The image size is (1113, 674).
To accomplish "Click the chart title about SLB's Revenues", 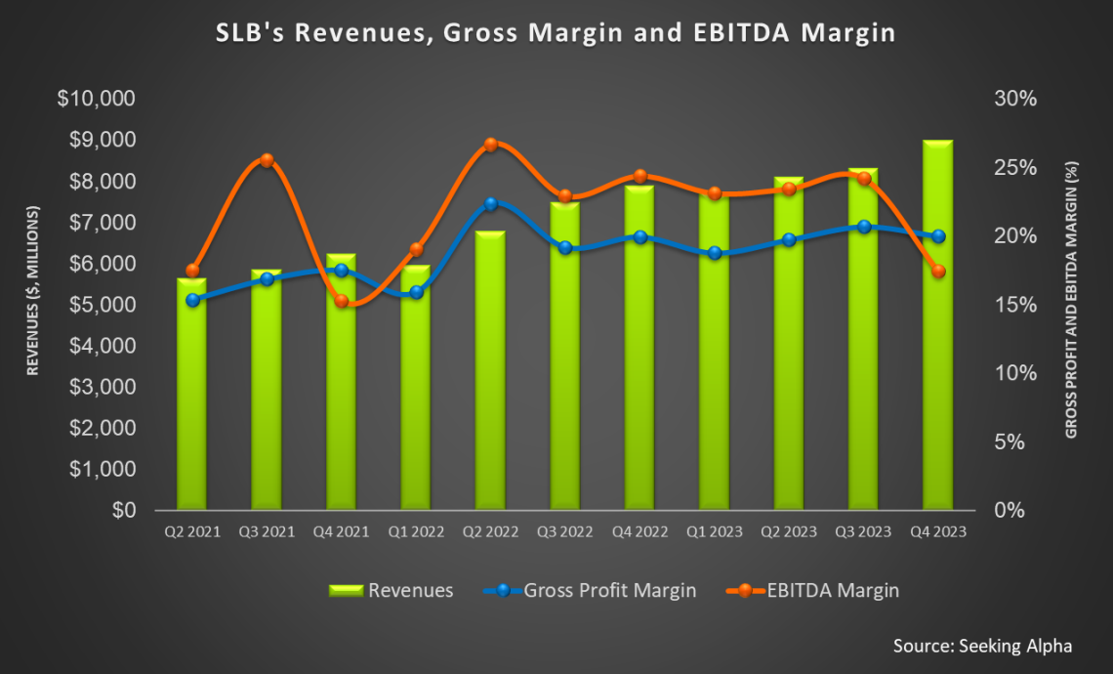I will [x=555, y=33].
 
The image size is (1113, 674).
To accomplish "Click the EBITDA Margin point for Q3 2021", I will [x=267, y=160].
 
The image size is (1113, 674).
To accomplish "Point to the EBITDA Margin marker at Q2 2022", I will [x=491, y=145].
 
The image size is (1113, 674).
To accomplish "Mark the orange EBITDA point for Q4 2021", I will [x=341, y=302].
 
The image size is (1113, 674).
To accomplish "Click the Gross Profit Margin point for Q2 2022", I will [x=491, y=204].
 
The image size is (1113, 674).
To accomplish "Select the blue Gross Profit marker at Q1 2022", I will [x=416, y=292].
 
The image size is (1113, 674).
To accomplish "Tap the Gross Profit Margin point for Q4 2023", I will [x=938, y=236].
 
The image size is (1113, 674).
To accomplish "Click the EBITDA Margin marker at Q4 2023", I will [x=938, y=272].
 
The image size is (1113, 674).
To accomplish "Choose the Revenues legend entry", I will [x=391, y=590].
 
